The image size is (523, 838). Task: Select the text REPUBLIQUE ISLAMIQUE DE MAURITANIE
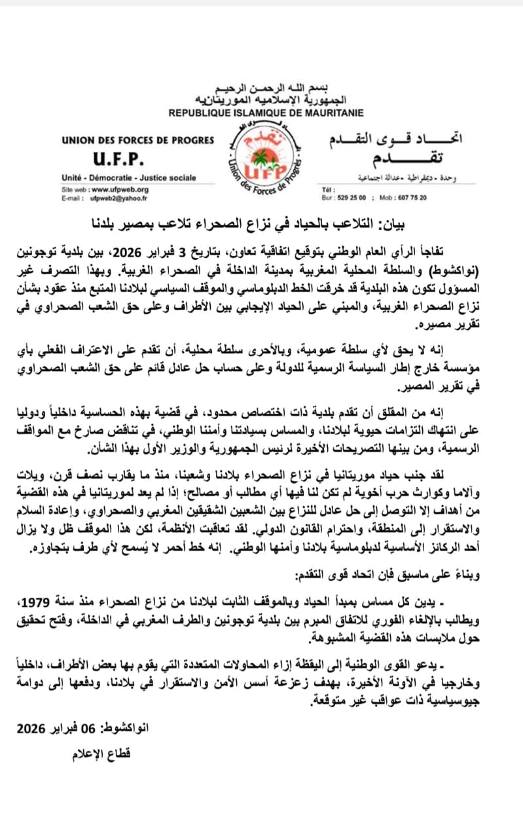point(261,113)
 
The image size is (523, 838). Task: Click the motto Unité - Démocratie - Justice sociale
point(128,177)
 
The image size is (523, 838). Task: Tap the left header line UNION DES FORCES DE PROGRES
point(129,140)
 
